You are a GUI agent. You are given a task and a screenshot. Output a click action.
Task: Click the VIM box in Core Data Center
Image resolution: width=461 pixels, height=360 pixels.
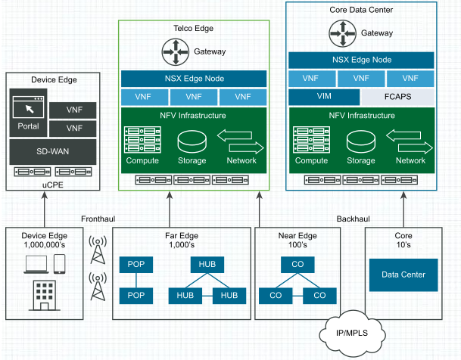click(x=323, y=97)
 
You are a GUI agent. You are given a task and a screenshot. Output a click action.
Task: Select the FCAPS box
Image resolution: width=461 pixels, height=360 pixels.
click(x=397, y=97)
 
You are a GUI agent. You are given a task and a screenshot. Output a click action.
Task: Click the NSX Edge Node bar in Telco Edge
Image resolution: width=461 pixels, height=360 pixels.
click(x=194, y=79)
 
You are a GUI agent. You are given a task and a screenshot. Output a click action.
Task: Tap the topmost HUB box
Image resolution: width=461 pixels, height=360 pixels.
click(x=207, y=265)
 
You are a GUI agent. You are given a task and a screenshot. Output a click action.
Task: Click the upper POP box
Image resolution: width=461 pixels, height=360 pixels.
click(x=135, y=265)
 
